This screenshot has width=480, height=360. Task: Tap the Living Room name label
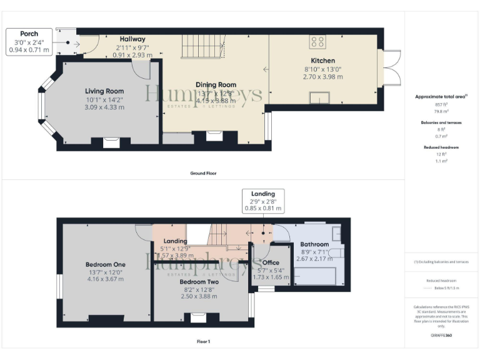coord(104,91)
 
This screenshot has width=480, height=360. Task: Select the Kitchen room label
coord(323,61)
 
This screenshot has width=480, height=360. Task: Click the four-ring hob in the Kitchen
coord(317,42)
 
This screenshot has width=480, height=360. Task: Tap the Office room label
coord(271,262)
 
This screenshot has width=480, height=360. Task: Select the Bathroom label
coord(314,244)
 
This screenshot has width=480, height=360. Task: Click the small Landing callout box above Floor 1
coord(263,201)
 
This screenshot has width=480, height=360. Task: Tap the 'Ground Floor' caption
coord(204,172)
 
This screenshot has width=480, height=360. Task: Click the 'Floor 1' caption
coord(204,342)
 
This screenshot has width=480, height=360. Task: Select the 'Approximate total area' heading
coord(441,97)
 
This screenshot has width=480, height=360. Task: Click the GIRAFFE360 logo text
coord(441,336)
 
